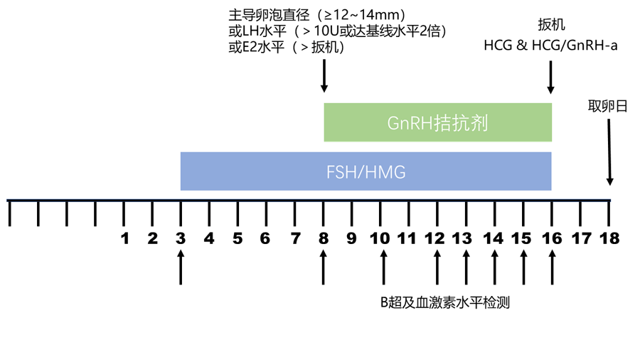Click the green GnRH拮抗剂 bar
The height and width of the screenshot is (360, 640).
tap(437, 122)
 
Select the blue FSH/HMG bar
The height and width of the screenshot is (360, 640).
tap(366, 171)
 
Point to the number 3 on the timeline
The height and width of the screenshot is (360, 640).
tap(181, 238)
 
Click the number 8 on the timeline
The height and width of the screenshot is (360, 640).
tap(324, 238)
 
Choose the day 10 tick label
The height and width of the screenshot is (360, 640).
tap(381, 238)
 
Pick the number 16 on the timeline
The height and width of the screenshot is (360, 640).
tap(551, 238)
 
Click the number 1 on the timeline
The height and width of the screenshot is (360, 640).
tap(124, 238)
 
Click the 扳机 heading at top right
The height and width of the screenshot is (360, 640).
tap(551, 25)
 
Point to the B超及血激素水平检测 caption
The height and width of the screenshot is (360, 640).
tap(444, 302)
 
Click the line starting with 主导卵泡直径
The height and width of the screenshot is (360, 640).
tap(317, 15)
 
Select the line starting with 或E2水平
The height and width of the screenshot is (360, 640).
tap(287, 48)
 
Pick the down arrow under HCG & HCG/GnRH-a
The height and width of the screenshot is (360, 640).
tap(551, 76)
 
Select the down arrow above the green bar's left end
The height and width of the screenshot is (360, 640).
tap(324, 76)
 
